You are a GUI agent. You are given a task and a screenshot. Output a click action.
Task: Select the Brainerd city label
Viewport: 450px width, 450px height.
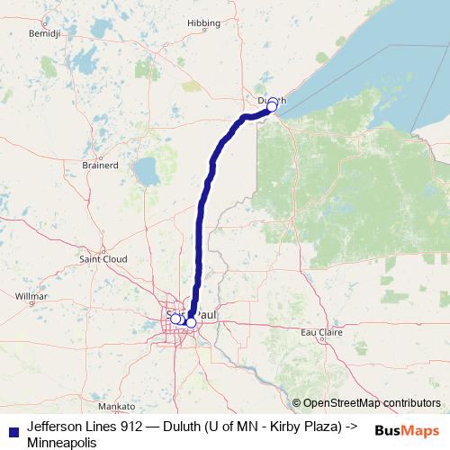coord(101,166)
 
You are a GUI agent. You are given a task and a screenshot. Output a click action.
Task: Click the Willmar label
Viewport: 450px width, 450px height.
coord(31,295)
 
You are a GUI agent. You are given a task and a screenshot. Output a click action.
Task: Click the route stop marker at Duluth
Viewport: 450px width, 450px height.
coord(272,106)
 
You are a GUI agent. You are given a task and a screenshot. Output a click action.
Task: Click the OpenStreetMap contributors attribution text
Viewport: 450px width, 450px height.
coord(372,402)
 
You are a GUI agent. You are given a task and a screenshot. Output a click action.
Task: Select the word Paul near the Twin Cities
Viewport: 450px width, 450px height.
coord(206,315)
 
